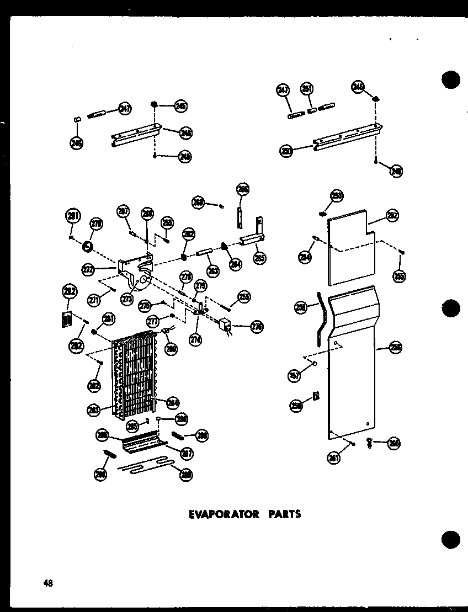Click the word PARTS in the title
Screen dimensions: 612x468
pyautogui.click(x=284, y=514)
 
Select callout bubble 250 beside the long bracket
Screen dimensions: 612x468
pyautogui.click(x=286, y=151)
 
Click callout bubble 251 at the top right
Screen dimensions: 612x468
pyautogui.click(x=307, y=89)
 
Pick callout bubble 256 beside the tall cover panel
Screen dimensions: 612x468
pyautogui.click(x=396, y=347)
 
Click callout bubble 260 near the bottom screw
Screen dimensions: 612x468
pyautogui.click(x=393, y=443)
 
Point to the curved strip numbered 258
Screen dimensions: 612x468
pyautogui.click(x=321, y=326)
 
